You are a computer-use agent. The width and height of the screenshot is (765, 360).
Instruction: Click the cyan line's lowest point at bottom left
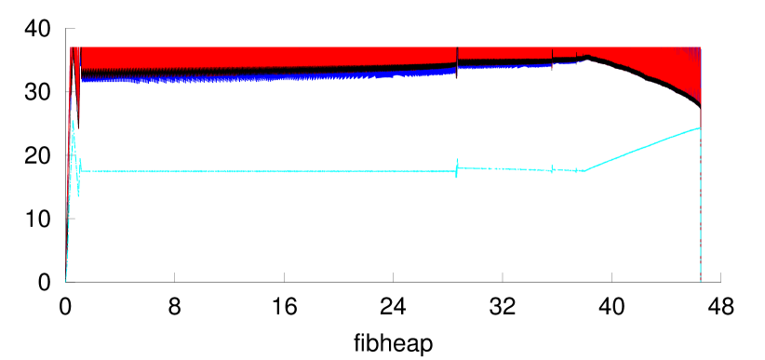66,279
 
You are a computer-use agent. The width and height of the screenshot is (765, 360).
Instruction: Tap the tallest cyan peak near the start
73,121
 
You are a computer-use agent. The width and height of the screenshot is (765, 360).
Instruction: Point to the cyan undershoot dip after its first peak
78,193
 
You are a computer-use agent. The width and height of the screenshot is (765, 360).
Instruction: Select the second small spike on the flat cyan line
552,167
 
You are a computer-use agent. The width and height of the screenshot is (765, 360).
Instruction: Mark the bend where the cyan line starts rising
584,170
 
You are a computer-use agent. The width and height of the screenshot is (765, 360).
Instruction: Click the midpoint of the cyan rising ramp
642,149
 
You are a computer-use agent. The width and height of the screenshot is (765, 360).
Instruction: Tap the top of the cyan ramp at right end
698,128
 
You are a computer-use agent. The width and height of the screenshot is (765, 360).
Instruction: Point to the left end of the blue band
83,80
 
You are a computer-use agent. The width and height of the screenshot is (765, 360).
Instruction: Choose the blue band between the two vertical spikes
503,66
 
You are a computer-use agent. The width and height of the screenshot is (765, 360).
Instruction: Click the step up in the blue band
457,68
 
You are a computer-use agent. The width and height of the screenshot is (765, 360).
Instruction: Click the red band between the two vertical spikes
503,53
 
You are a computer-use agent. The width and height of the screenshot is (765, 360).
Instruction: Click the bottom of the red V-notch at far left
78,121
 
